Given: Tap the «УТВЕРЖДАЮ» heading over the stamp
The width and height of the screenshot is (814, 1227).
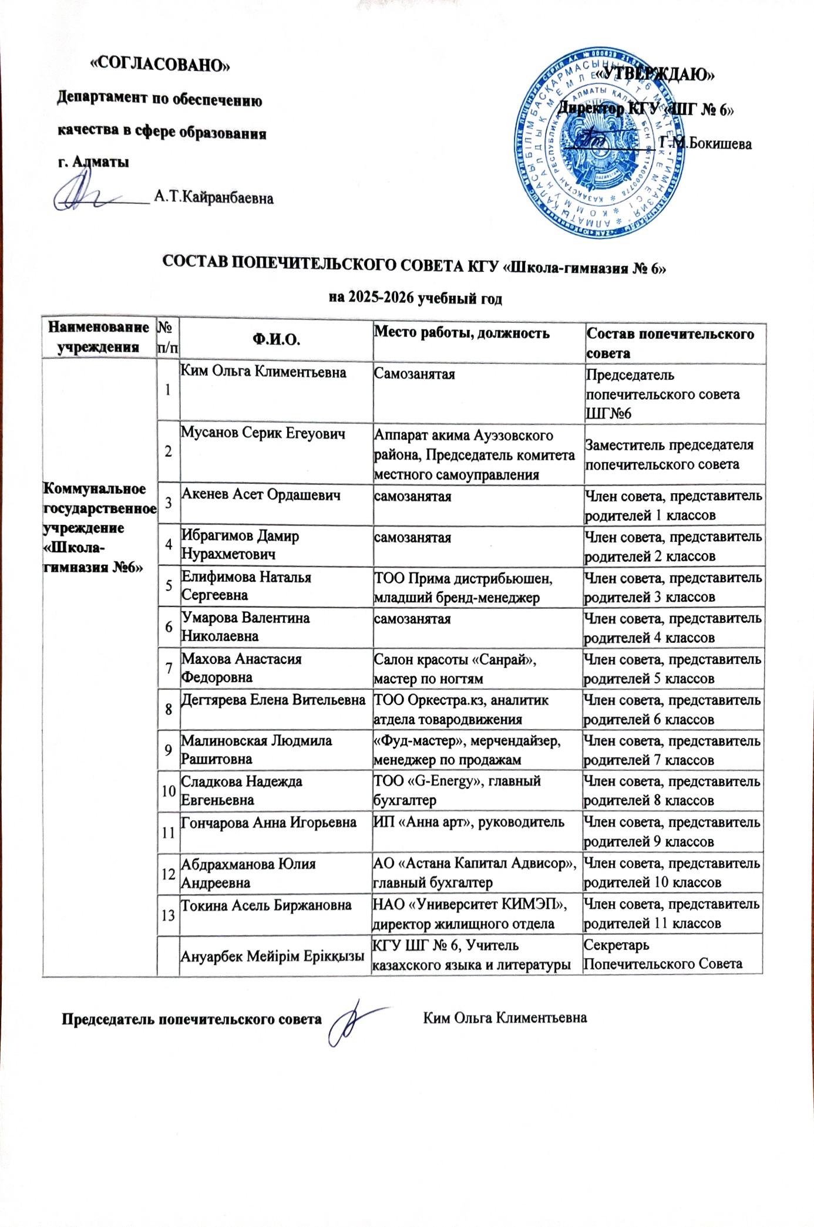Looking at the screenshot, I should click(655, 75).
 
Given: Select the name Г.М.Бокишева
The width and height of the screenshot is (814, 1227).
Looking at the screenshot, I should click(705, 143).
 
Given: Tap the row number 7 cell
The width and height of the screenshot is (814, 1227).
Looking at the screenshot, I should click(169, 668).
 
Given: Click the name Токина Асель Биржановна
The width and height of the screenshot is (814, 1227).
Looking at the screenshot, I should click(266, 905).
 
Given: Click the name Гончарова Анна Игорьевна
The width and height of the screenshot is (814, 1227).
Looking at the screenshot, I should click(269, 822).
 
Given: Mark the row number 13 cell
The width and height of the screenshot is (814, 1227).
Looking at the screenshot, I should click(169, 913).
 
